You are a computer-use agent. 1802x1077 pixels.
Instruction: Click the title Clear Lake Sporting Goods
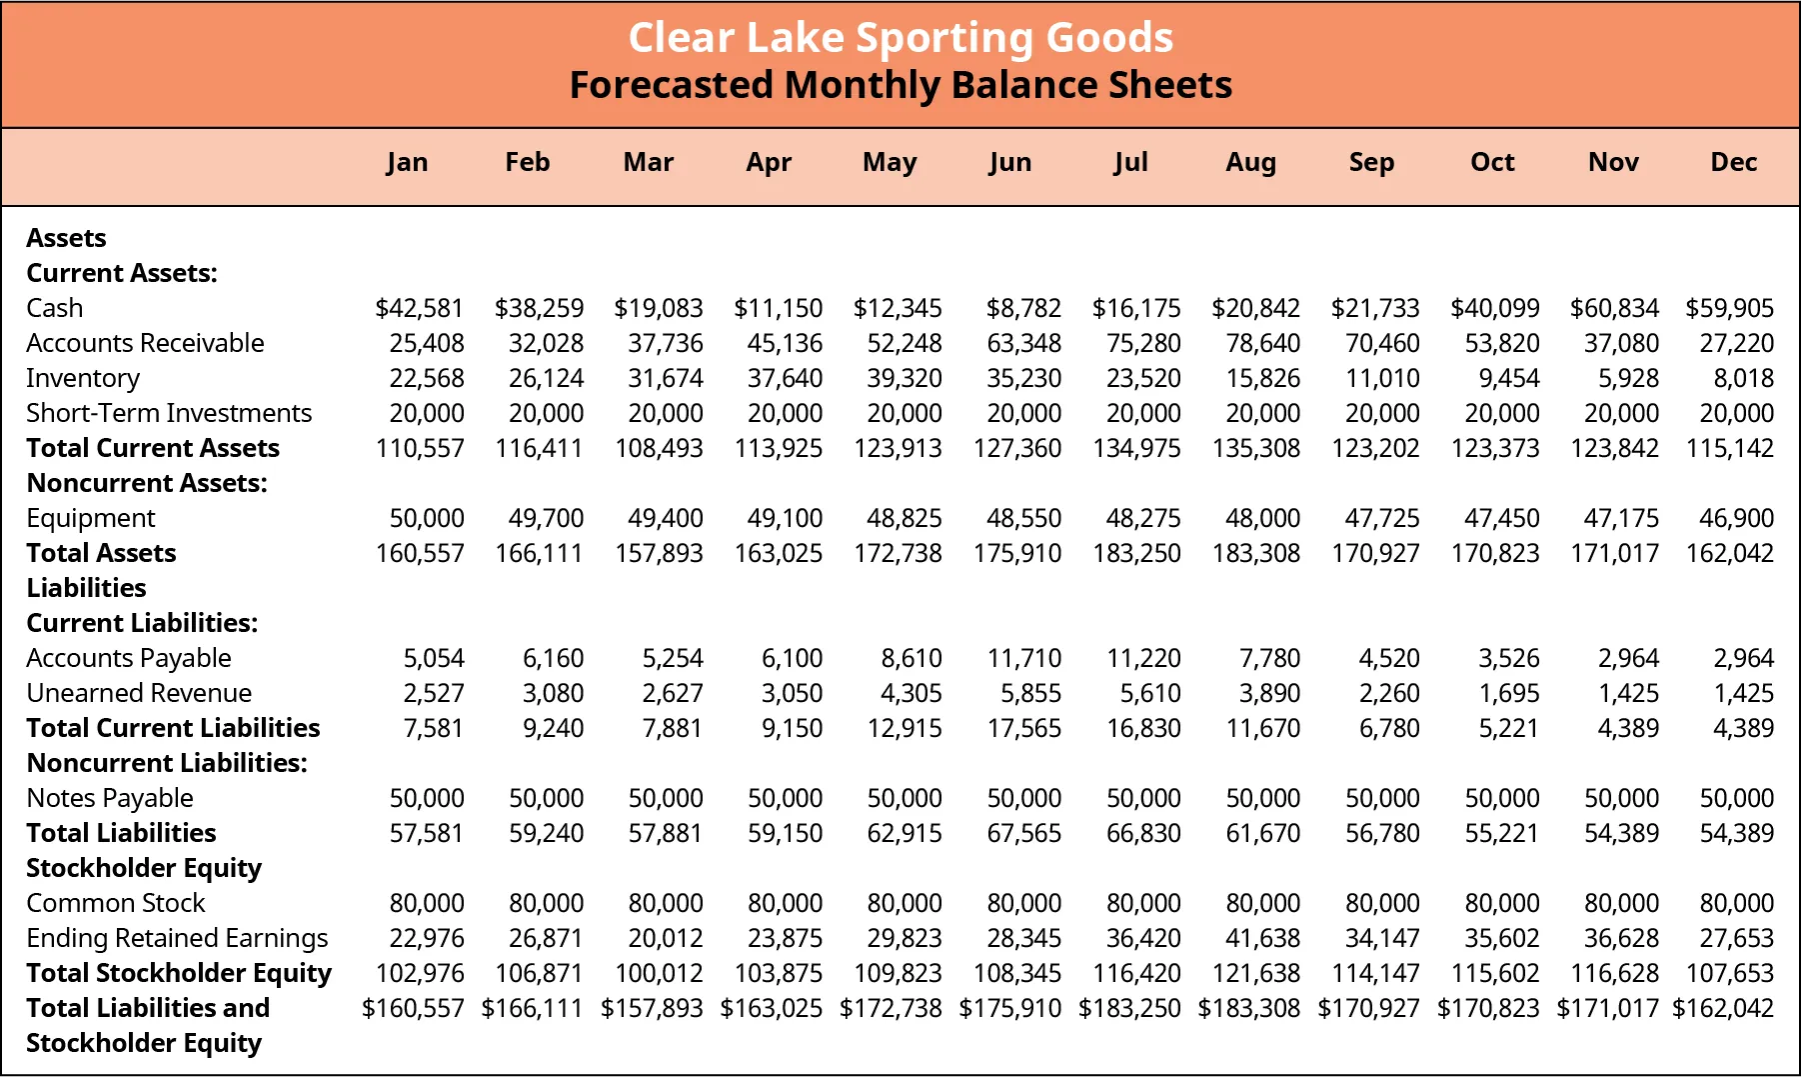[x=901, y=38]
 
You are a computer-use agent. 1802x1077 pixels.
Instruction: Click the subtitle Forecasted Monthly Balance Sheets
[x=901, y=85]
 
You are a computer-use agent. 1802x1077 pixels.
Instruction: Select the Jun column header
[x=1009, y=162]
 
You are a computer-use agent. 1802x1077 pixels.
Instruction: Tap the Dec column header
[x=1733, y=162]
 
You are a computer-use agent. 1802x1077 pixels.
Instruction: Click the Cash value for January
[x=420, y=308]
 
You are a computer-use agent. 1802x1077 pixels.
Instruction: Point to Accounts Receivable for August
[x=1263, y=343]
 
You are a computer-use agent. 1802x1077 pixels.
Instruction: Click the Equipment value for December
[x=1737, y=518]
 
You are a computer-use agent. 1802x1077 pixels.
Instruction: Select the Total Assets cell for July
[x=1136, y=553]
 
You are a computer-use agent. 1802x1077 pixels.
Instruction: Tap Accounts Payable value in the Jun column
[x=1024, y=658]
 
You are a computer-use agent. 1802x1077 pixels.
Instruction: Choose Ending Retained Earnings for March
[x=666, y=938]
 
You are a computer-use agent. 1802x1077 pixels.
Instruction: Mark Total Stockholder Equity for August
[x=1256, y=973]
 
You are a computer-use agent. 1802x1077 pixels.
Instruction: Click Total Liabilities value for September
[x=1382, y=833]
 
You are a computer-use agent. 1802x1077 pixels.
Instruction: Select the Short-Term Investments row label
[x=169, y=413]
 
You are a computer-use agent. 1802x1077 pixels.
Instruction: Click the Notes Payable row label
[x=110, y=798]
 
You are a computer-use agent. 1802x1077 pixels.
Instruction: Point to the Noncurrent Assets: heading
[x=147, y=483]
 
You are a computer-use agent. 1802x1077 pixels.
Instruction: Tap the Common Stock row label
[x=115, y=903]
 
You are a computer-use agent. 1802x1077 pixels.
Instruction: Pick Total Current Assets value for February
[x=539, y=448]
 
